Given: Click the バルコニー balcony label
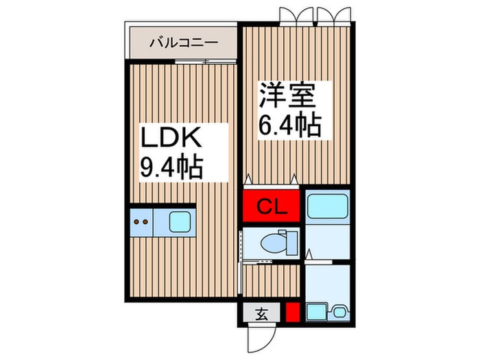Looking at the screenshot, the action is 184,43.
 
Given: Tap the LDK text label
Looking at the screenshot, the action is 171,137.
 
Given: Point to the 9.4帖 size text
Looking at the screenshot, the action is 171,168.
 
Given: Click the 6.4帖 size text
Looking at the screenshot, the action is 290,125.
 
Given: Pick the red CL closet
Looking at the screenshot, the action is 272,206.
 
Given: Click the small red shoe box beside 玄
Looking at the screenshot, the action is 293,312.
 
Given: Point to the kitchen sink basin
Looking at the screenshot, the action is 180,222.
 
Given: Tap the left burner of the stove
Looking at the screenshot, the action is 137,221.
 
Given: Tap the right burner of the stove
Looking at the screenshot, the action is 145,221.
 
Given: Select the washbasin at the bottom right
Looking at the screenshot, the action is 339,312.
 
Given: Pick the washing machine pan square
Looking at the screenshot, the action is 317,312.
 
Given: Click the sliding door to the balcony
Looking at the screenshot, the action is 206,61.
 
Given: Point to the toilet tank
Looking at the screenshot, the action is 292,243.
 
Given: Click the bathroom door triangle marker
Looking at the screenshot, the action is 309,254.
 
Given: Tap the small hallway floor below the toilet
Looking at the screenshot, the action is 272,280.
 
